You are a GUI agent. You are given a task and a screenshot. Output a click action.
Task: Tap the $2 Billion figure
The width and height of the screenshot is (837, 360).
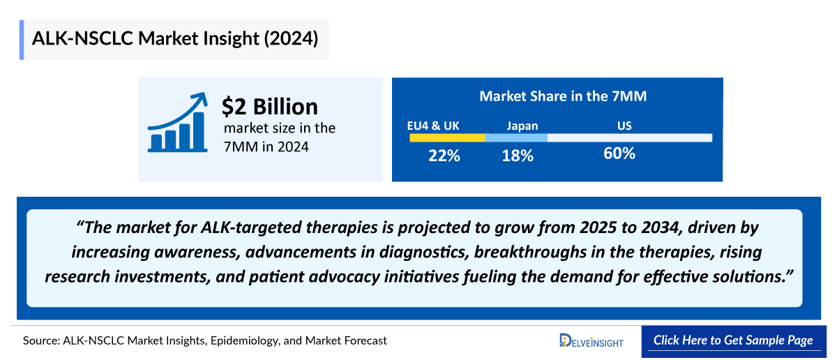tap(269, 107)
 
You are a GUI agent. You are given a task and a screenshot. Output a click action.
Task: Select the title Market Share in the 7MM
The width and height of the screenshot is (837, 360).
tap(562, 96)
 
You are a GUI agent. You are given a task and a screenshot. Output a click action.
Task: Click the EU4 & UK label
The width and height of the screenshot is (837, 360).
tap(433, 126)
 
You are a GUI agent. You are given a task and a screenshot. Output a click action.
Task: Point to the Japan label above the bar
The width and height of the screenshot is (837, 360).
tap(522, 126)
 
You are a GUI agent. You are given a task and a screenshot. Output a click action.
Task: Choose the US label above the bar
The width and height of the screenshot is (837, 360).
tap(624, 126)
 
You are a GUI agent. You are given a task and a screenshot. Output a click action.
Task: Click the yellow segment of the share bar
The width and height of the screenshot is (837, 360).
tap(446, 137)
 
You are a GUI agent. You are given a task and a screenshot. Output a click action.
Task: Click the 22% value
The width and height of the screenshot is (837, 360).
tap(444, 156)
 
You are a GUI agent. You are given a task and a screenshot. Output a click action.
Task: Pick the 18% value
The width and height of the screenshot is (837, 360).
tap(517, 156)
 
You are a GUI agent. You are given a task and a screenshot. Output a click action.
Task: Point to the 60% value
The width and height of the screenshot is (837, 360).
tap(619, 153)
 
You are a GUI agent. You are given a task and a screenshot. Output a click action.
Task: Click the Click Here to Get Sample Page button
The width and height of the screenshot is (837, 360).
tap(733, 340)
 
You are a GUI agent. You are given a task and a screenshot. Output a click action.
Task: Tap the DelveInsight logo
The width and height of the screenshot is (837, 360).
tap(591, 340)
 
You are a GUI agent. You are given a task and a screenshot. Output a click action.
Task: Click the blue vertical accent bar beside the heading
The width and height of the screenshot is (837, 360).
tap(22, 40)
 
